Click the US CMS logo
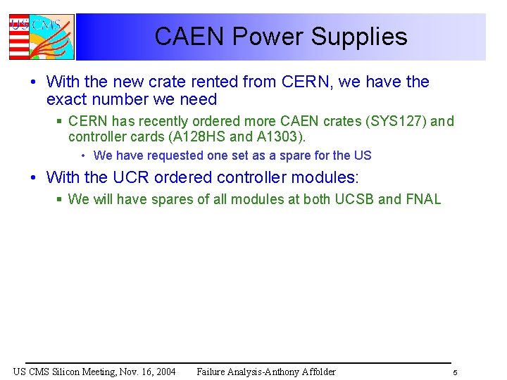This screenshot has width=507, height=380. click(41, 37)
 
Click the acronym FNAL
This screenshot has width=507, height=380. click(424, 199)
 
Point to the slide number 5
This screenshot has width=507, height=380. click(455, 372)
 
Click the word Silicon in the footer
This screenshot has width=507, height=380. click(61, 372)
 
